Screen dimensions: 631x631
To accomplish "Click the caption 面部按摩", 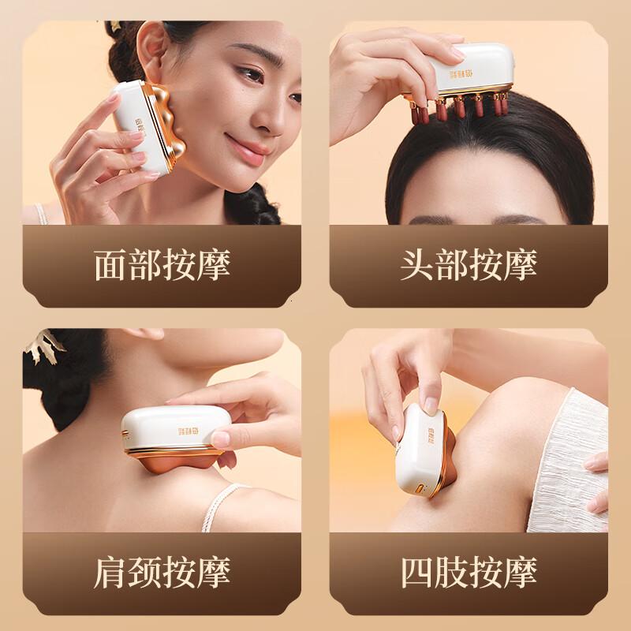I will [162, 266].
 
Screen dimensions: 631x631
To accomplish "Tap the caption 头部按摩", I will [469, 266].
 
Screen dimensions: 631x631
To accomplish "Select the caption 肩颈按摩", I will [162, 570].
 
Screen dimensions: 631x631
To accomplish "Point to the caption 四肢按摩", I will [469, 570].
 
